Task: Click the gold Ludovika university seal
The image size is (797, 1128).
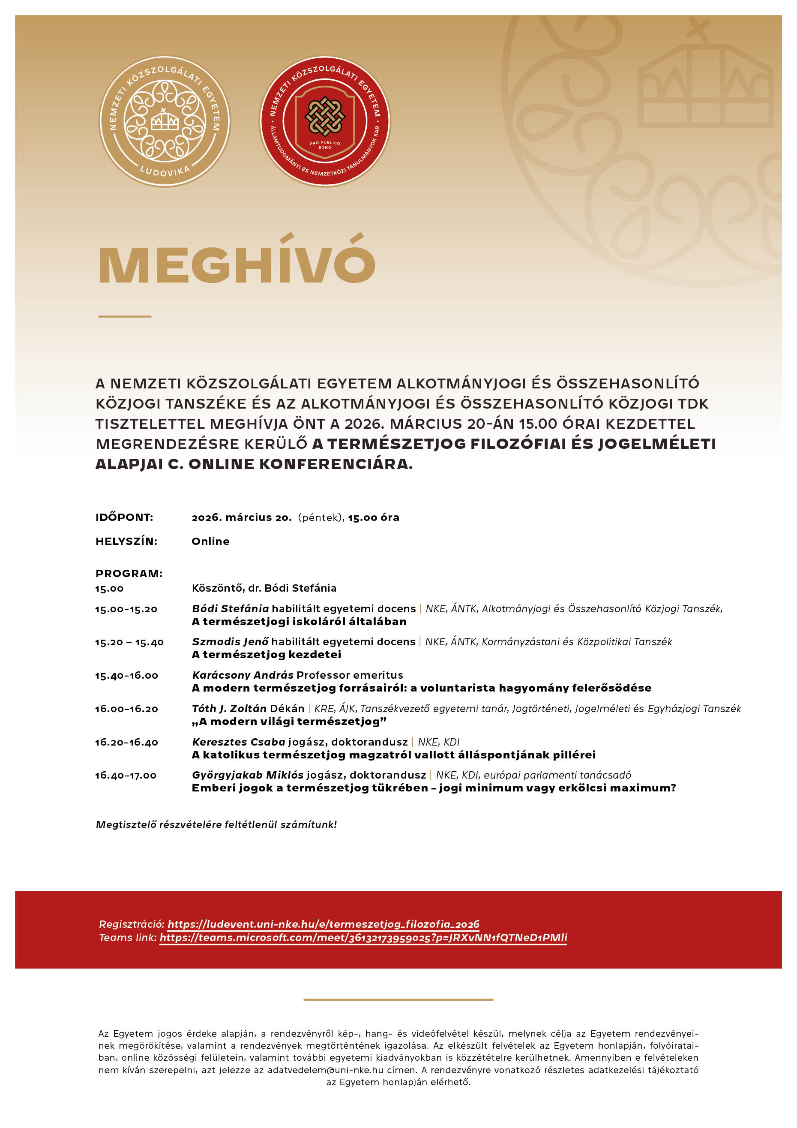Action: pyautogui.click(x=165, y=121)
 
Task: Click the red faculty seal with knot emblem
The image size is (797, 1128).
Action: pyautogui.click(x=325, y=121)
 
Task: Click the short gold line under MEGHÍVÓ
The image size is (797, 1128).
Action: pyautogui.click(x=125, y=316)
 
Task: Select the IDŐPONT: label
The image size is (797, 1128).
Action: pyautogui.click(x=124, y=517)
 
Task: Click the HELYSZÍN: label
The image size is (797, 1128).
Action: pyautogui.click(x=126, y=541)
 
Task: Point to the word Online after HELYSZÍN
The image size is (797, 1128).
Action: pyautogui.click(x=210, y=541)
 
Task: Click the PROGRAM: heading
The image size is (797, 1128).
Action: pyautogui.click(x=129, y=573)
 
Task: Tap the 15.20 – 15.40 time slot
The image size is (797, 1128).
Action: pyautogui.click(x=129, y=642)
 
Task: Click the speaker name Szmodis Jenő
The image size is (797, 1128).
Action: pyautogui.click(x=230, y=642)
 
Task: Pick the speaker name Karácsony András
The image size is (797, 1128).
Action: pyautogui.click(x=243, y=675)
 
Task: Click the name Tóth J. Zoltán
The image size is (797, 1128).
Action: pyautogui.click(x=229, y=708)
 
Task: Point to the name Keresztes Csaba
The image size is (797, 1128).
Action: pyautogui.click(x=239, y=742)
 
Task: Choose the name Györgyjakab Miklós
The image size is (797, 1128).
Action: pyautogui.click(x=248, y=775)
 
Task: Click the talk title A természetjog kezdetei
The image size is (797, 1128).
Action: pyautogui.click(x=266, y=654)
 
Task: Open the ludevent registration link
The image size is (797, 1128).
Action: pyautogui.click(x=323, y=924)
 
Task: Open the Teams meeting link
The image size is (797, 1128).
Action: pyautogui.click(x=363, y=937)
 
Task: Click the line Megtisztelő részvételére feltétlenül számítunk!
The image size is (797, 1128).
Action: pyautogui.click(x=216, y=824)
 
